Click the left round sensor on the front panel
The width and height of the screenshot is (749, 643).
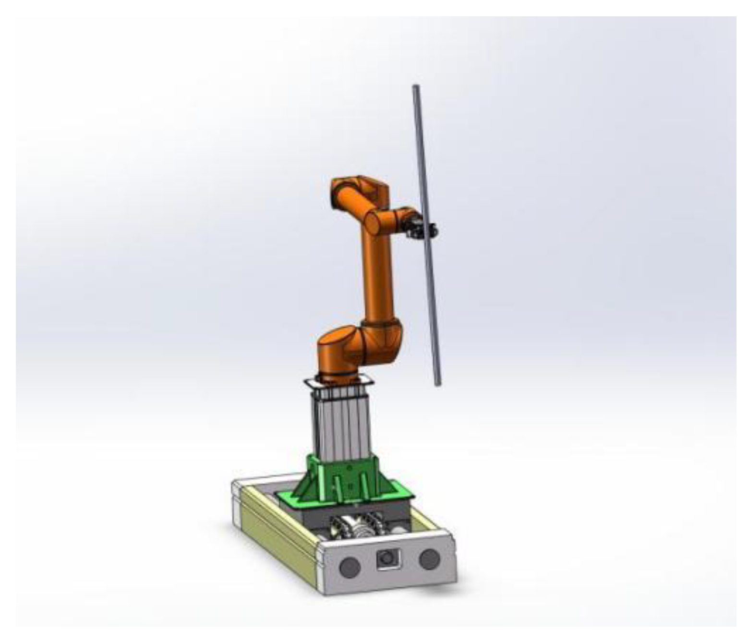click(350, 568)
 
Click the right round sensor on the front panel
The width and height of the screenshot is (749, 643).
click(429, 559)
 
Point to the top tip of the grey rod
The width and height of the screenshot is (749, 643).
click(416, 87)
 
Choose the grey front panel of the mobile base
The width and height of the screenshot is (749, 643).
click(389, 567)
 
